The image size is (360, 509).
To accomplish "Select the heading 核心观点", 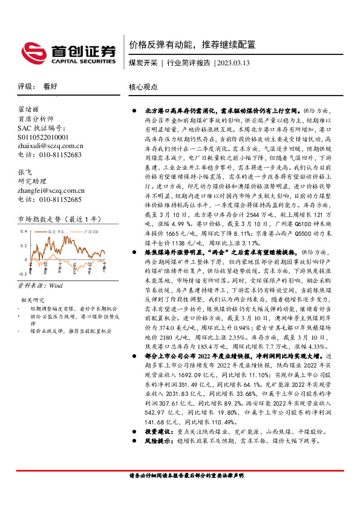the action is click(143, 87).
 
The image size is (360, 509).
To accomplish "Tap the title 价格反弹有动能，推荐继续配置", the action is click(192, 45).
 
